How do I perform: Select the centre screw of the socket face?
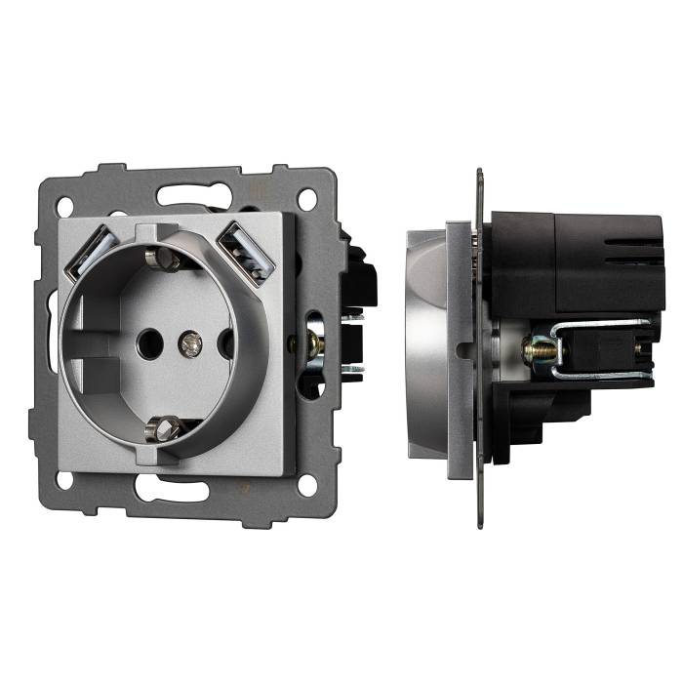coord(191,342)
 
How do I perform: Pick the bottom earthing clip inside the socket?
coord(167,426)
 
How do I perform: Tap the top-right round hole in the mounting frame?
coord(307,200)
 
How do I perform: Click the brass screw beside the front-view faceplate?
coord(315,342)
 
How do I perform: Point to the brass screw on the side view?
coord(537,348)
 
